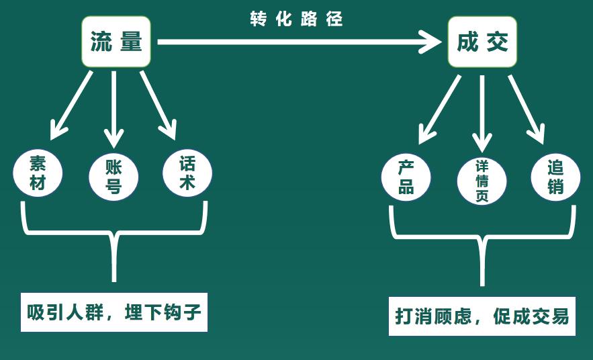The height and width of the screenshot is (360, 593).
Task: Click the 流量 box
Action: coord(116,42)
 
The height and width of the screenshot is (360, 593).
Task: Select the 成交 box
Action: coord(482,42)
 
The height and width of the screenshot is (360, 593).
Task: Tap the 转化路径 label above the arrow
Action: coord(296,19)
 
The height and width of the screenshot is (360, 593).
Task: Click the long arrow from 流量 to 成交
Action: coord(295,42)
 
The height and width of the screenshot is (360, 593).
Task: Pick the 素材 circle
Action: coord(38,173)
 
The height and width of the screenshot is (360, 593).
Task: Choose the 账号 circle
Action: coord(113,177)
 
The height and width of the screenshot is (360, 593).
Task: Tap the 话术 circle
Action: coord(187,173)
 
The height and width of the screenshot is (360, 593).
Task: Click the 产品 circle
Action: coord(406,178)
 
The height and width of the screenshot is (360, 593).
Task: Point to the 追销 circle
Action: coord(555,177)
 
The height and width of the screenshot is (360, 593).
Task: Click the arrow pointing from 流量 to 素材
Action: coord(71,104)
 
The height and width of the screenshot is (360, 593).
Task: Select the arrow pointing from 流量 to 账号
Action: coord(114,107)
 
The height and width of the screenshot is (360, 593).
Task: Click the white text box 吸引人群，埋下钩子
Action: coord(113,312)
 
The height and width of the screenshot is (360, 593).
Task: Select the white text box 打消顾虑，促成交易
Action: coord(482,316)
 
